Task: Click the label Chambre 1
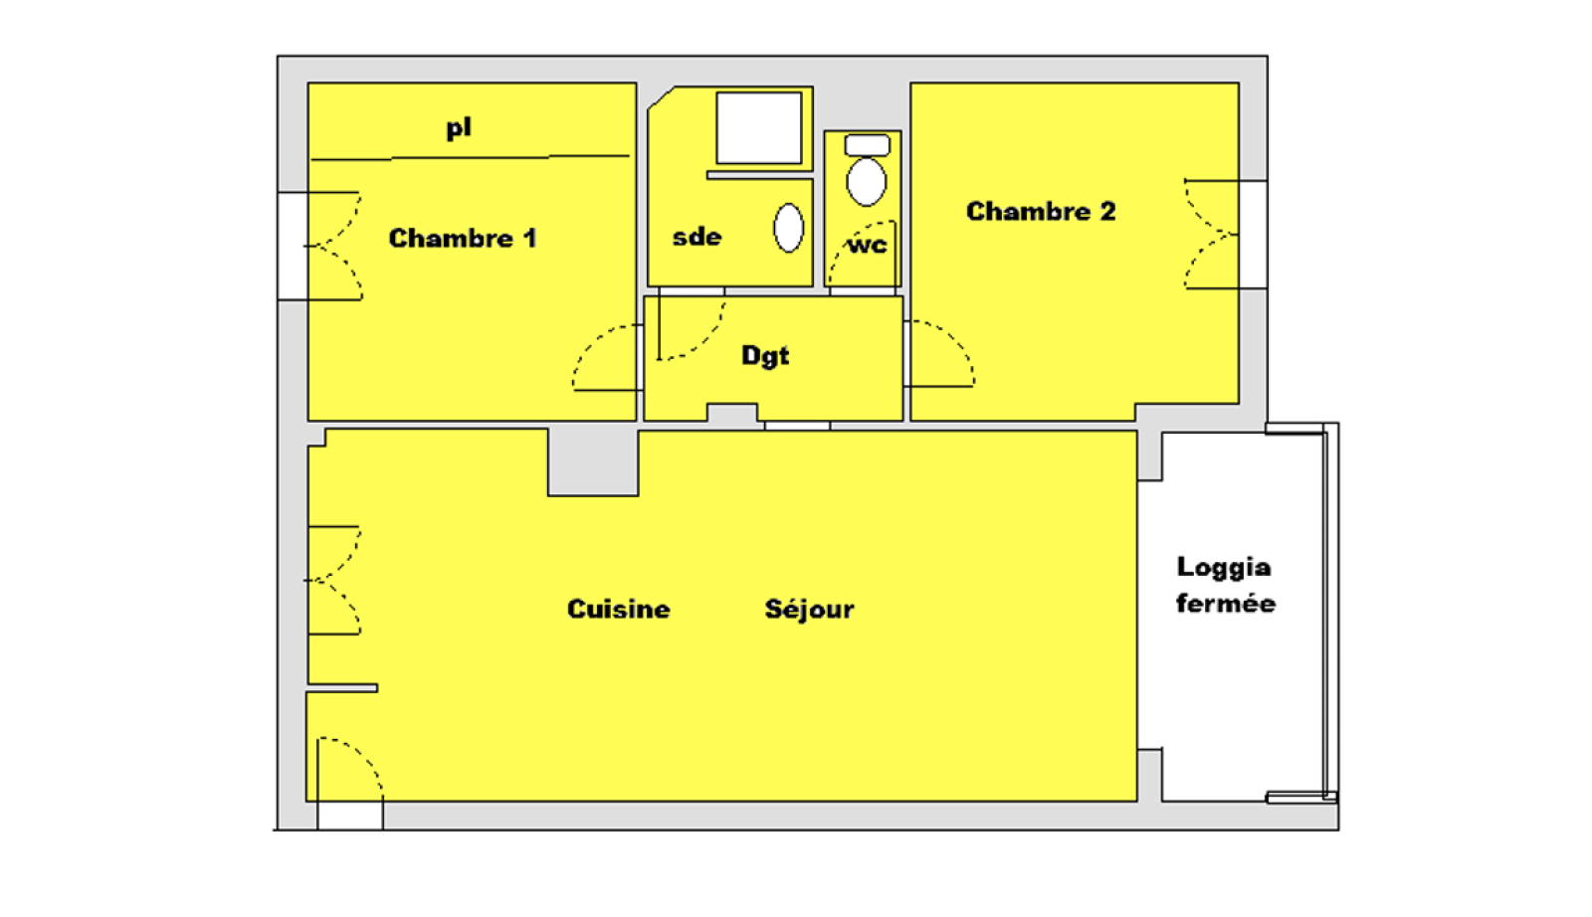(462, 239)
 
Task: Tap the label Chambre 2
(1041, 212)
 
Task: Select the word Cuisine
(618, 609)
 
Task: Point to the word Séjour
(809, 609)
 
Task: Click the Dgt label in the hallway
(765, 355)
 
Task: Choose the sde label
(696, 237)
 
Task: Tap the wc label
(867, 245)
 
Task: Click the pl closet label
(459, 127)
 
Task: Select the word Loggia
(1223, 567)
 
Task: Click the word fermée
(1225, 604)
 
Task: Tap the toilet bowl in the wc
(867, 183)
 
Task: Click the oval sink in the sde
(789, 228)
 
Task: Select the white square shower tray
(759, 128)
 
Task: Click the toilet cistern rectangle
(867, 146)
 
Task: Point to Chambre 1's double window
(333, 246)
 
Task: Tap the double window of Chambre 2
(1212, 235)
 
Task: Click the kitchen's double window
(333, 581)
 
